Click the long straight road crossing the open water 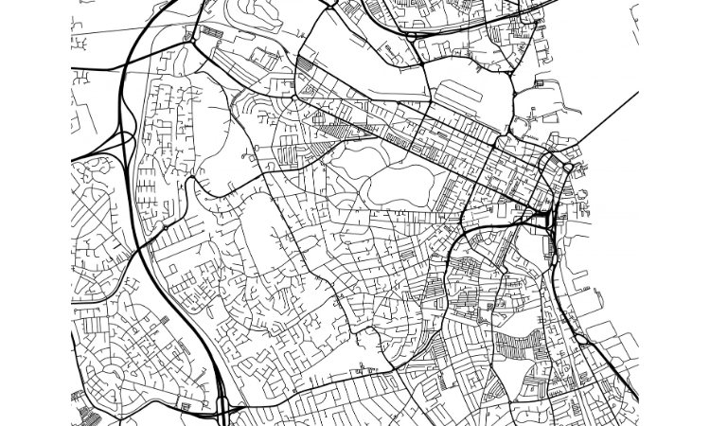tap(606, 123)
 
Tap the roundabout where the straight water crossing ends tap(567, 168)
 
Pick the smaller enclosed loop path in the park tap(350, 161)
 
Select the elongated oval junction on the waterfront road tap(578, 331)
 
